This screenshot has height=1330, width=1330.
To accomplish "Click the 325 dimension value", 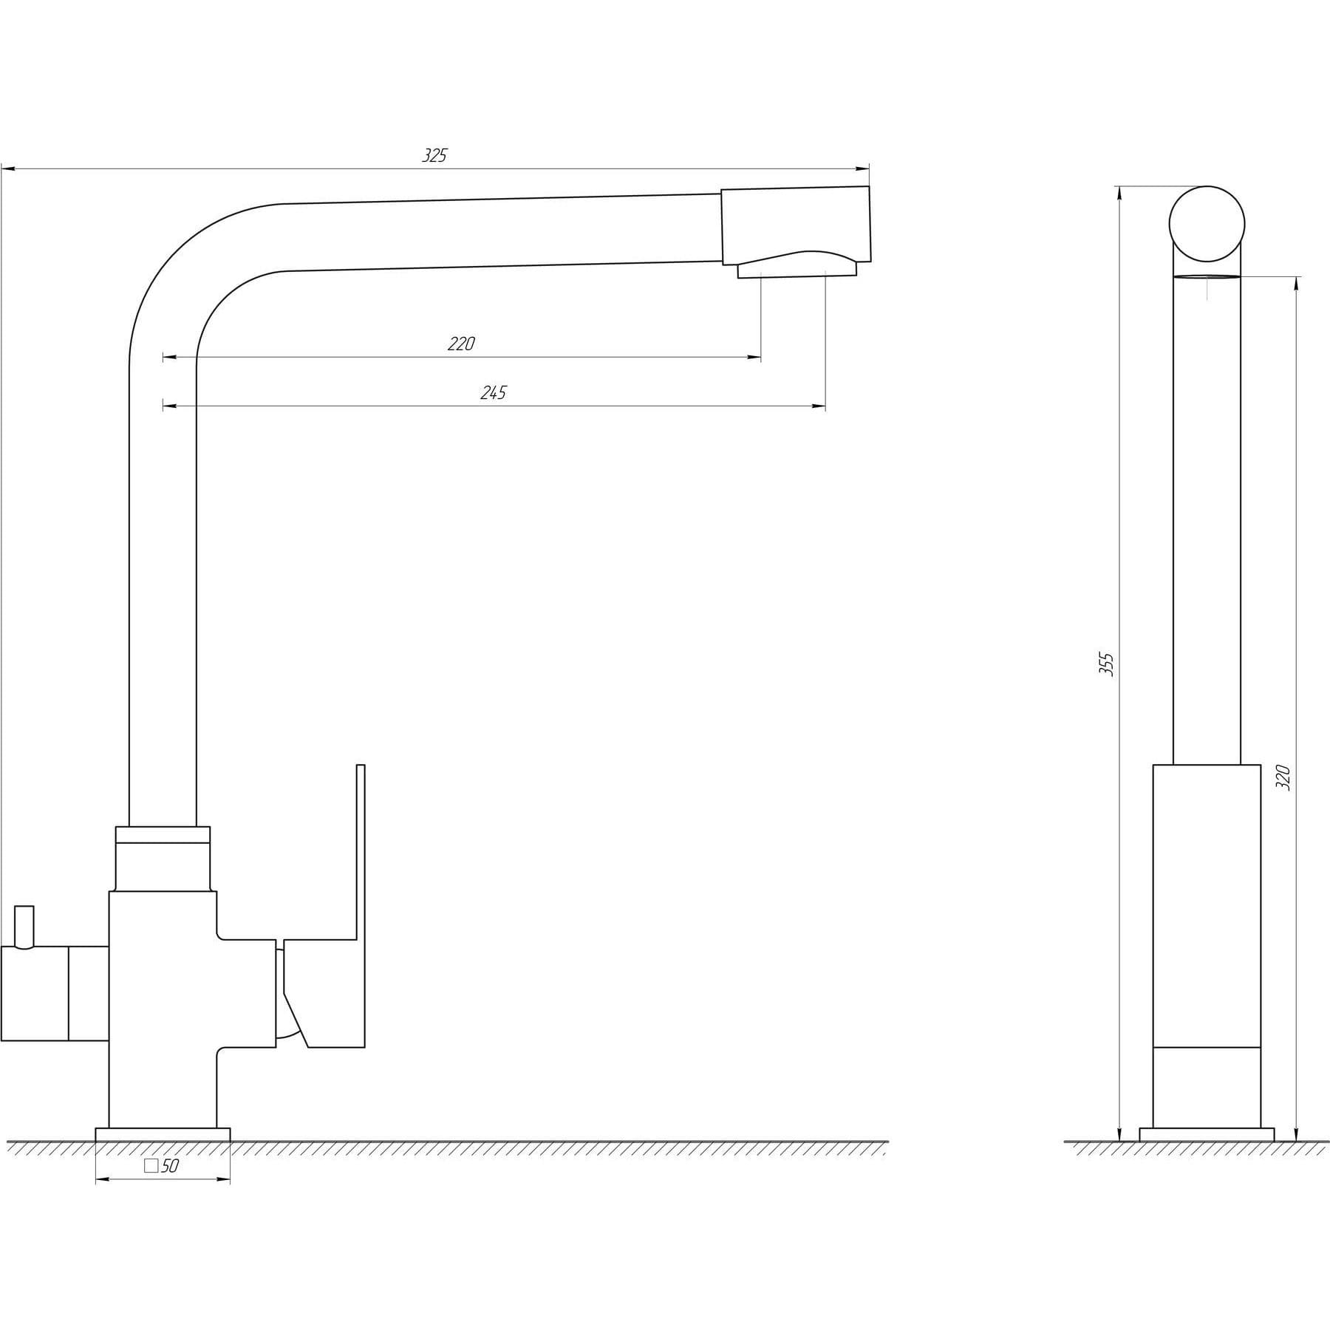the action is pyautogui.click(x=434, y=155).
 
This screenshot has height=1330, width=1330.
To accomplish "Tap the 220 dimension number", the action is pyautogui.click(x=461, y=344).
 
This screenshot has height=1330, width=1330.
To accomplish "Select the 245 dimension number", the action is pyautogui.click(x=493, y=392).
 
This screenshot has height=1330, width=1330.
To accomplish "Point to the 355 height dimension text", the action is pyautogui.click(x=1106, y=664).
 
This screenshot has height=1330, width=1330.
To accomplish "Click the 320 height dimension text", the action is pyautogui.click(x=1283, y=778).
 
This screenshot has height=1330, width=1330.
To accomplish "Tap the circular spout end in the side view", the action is pyautogui.click(x=1207, y=223).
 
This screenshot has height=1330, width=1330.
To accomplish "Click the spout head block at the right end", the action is pyautogui.click(x=795, y=225).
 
